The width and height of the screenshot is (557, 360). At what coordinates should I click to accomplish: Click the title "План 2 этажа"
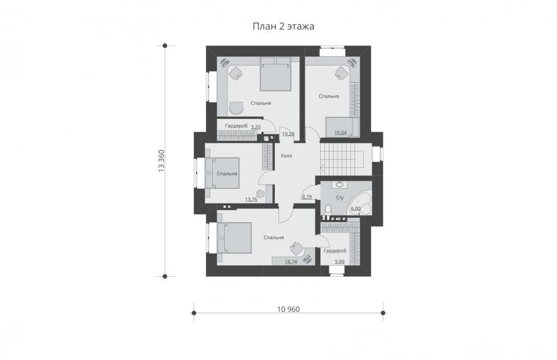click(x=284, y=27)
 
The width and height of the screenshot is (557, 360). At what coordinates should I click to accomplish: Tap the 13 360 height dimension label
click(x=162, y=161)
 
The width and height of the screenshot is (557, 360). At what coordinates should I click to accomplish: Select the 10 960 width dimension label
click(x=288, y=310)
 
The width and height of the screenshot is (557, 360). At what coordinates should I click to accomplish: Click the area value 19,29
click(x=288, y=134)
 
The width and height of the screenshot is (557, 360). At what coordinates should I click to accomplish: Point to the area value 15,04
click(x=341, y=133)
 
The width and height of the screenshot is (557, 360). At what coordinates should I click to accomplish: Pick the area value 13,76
click(x=251, y=200)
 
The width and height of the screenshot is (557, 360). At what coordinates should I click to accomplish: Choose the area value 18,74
click(x=291, y=262)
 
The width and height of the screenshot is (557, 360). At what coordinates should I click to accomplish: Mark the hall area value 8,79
click(x=307, y=197)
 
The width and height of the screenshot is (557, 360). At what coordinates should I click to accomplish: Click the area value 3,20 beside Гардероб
click(x=256, y=127)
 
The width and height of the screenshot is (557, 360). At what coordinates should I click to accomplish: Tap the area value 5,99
click(x=340, y=262)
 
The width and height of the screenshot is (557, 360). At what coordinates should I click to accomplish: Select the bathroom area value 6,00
click(x=356, y=209)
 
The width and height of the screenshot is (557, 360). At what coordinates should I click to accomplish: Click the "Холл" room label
click(x=286, y=156)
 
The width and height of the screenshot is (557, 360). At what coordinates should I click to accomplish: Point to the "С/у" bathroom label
click(x=340, y=197)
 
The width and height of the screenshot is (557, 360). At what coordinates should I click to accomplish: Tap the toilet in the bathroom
click(x=328, y=209)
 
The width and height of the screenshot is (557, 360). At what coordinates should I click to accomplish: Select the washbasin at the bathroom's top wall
click(x=340, y=185)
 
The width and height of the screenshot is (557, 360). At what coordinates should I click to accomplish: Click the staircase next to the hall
click(x=342, y=158)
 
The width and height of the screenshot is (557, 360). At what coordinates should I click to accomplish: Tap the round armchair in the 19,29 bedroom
click(x=236, y=108)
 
